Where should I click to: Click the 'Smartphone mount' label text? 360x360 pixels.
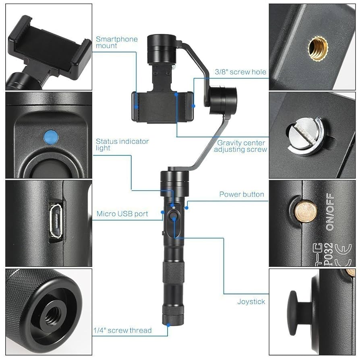[x=116, y=42]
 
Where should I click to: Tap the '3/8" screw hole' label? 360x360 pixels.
[x=240, y=72]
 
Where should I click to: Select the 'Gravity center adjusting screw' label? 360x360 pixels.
[x=241, y=146]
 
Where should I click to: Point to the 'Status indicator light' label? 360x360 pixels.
[x=122, y=145]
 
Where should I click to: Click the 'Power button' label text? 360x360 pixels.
[x=242, y=194]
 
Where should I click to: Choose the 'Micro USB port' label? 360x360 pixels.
[x=122, y=214]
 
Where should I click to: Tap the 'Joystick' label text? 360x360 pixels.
[x=251, y=301]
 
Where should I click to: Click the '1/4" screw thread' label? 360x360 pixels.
[x=122, y=331]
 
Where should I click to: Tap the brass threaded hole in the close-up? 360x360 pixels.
[x=318, y=48]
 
